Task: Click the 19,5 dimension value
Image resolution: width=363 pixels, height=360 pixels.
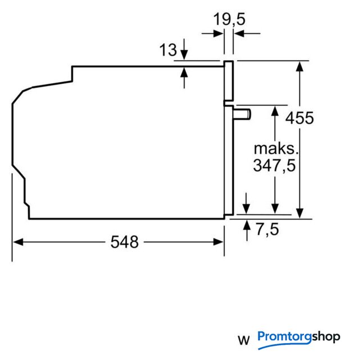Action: pyautogui.click(x=229, y=19)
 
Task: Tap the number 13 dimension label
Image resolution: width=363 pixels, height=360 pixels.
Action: pyautogui.click(x=168, y=49)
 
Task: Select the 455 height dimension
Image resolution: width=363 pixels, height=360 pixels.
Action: pyautogui.click(x=300, y=118)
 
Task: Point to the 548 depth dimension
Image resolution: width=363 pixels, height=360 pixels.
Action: pyautogui.click(x=125, y=242)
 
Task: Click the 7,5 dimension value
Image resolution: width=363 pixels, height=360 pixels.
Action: pyautogui.click(x=267, y=229)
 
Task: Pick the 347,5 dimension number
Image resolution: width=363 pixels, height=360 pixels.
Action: pyautogui.click(x=274, y=165)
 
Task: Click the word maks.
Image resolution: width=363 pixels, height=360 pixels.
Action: pyautogui.click(x=276, y=149)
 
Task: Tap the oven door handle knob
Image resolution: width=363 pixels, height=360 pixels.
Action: pyautogui.click(x=242, y=114)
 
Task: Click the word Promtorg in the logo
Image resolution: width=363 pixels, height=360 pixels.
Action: pyautogui.click(x=285, y=337)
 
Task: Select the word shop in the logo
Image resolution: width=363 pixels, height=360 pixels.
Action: pyautogui.click(x=326, y=337)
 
